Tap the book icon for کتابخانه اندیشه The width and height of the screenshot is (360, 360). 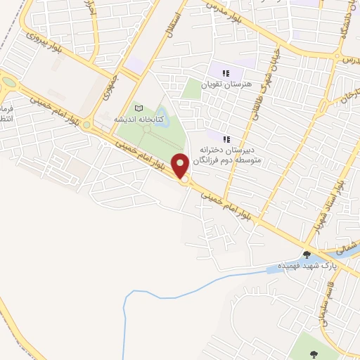pos(139,109)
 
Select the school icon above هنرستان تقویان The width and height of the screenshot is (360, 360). pos(226,73)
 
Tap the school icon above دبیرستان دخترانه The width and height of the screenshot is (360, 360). pos(226,139)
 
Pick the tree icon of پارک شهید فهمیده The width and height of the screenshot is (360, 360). pos(307,255)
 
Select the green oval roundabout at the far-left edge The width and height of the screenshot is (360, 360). pos(8,80)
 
